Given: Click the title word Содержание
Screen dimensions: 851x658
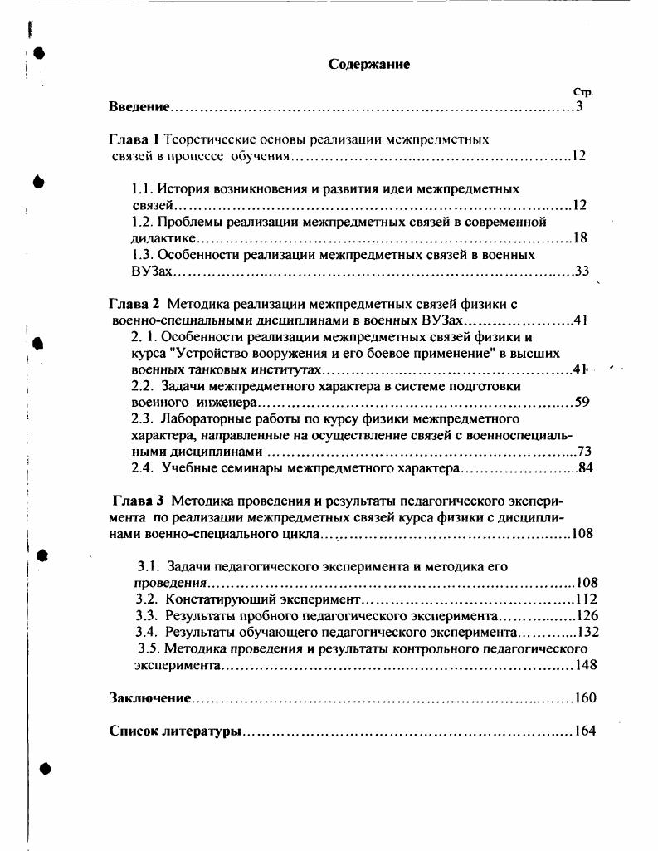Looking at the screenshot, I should tap(368, 64).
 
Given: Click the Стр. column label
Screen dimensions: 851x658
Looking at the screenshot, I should tap(582, 92).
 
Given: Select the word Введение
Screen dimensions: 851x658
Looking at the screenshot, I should tap(139, 107).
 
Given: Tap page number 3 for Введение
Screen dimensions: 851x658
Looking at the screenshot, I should tap(580, 107).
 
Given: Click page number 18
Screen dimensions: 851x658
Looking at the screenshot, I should tap(580, 238).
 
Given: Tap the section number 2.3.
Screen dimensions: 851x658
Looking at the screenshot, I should tap(144, 418).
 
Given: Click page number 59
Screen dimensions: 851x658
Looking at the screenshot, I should tap(581, 403).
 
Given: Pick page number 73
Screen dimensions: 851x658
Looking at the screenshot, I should tap(582, 452).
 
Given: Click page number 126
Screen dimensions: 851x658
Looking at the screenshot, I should tap(586, 615).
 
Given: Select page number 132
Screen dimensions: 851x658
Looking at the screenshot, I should tap(587, 632).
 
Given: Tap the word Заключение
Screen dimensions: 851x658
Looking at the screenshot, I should tap(150, 698).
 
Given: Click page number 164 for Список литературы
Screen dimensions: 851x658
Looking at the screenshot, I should tap(584, 731).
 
